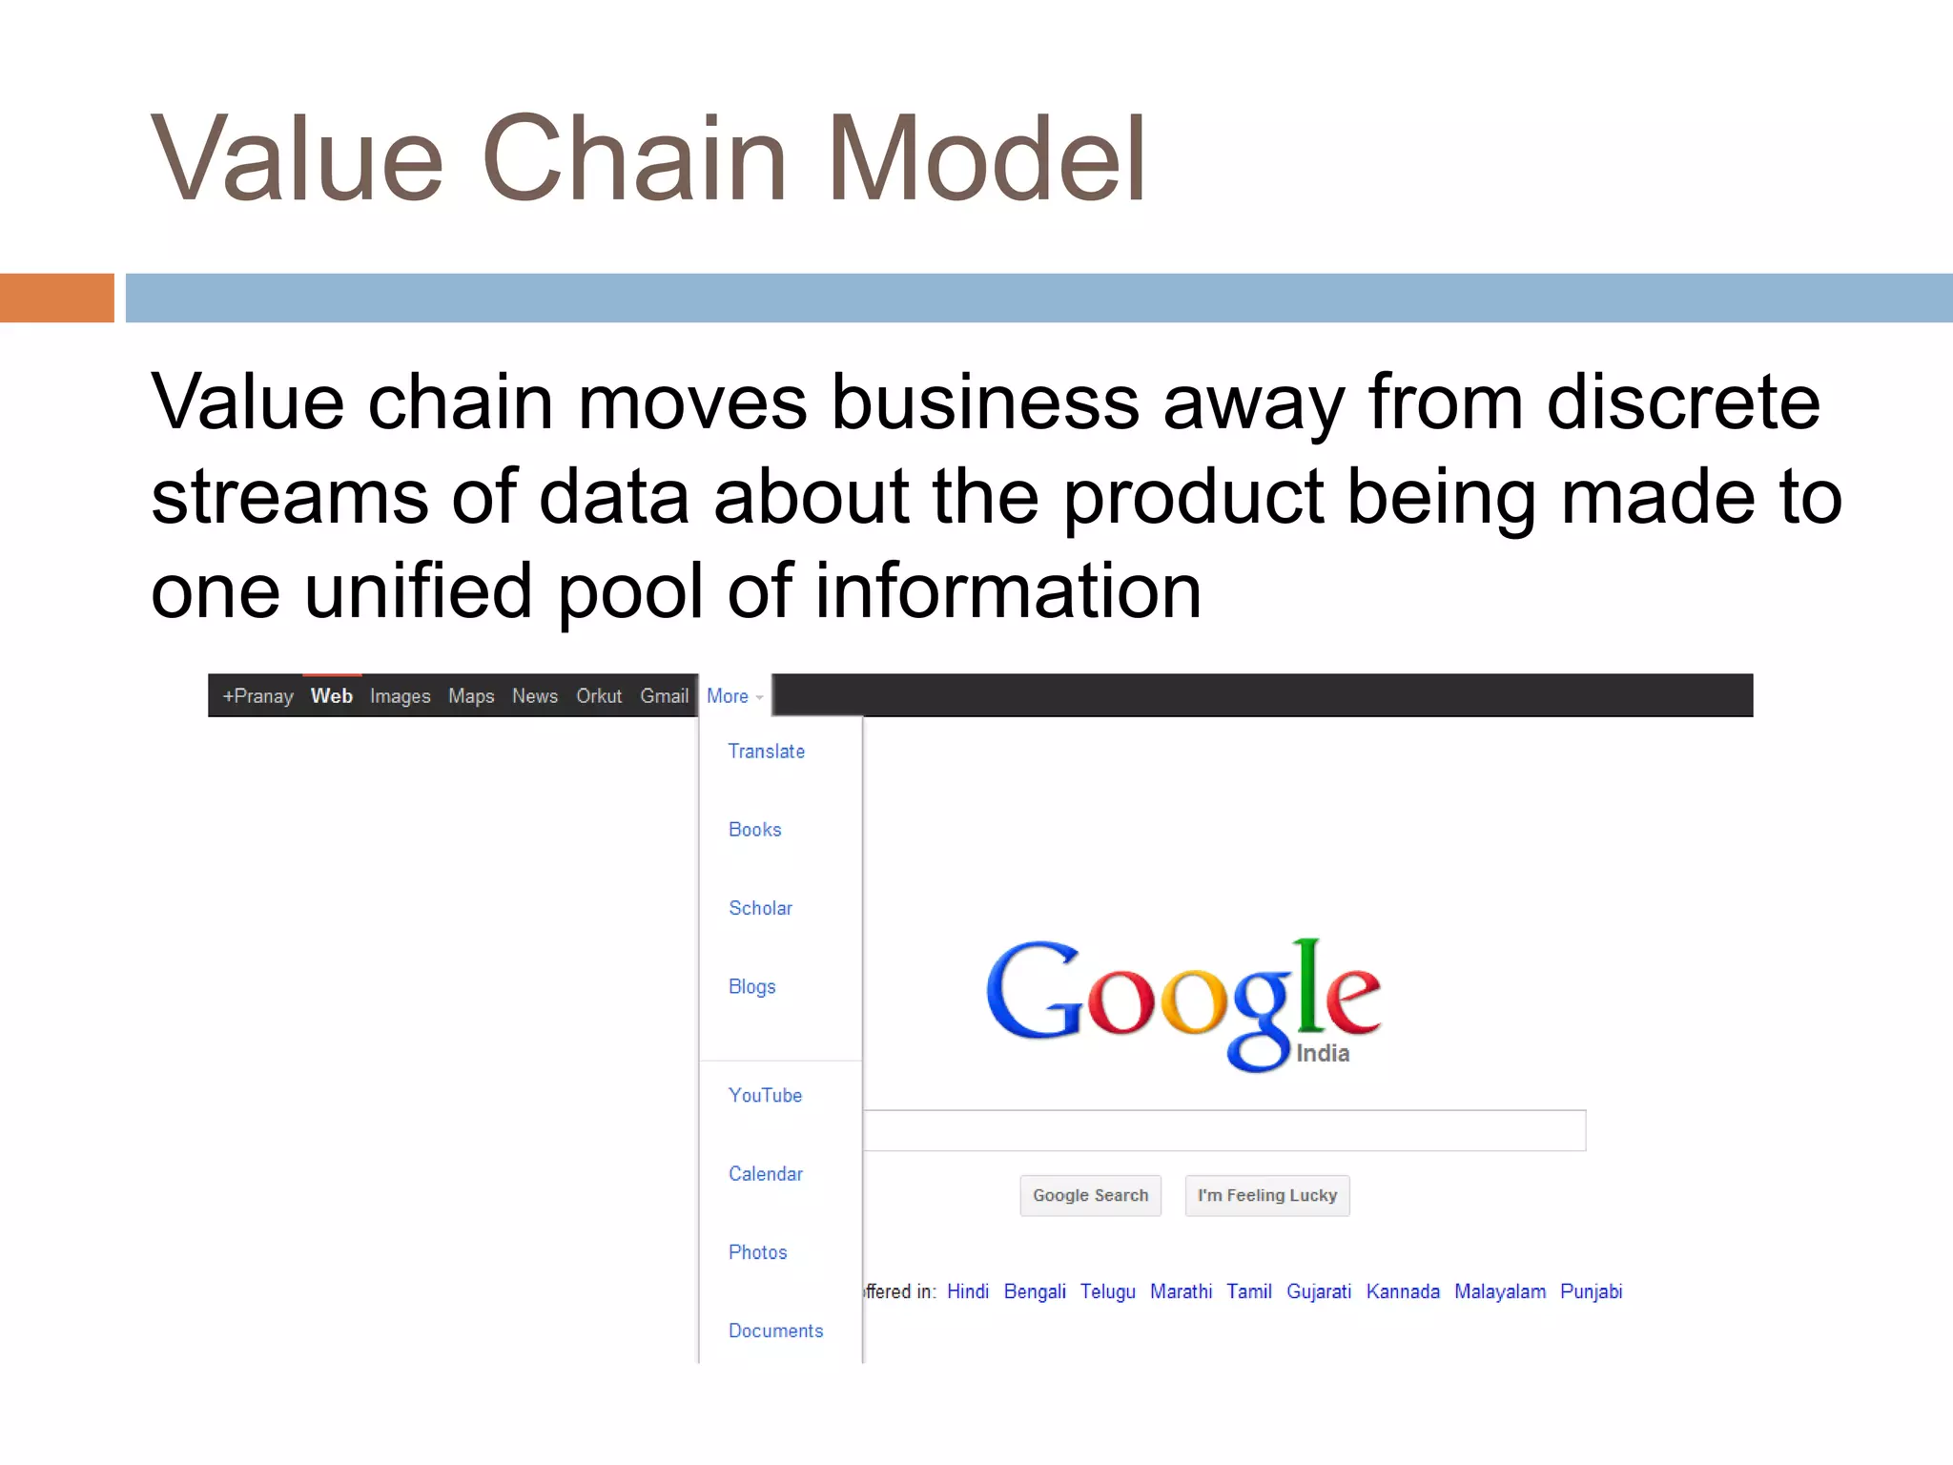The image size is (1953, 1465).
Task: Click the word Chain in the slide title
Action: point(634,159)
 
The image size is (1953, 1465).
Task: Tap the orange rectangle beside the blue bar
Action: point(56,298)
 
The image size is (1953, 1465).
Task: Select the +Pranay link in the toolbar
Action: point(257,696)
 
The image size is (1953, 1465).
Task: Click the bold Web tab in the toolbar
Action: point(331,696)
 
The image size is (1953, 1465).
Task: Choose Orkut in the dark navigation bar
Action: point(598,696)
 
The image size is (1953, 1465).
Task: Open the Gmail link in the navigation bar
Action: point(664,696)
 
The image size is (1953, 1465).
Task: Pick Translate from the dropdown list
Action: point(766,752)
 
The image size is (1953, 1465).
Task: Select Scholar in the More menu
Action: point(760,908)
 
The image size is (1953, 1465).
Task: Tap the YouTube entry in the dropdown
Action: point(765,1095)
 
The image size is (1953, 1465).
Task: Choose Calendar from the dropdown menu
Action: point(765,1174)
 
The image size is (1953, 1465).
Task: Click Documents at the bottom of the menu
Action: point(775,1331)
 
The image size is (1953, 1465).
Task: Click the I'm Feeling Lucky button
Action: point(1266,1195)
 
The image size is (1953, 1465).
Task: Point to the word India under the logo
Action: point(1322,1053)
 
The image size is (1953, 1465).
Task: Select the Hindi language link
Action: point(967,1291)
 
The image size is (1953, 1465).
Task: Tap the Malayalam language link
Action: point(1499,1291)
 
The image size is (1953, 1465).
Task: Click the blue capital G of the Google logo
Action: point(1032,992)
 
